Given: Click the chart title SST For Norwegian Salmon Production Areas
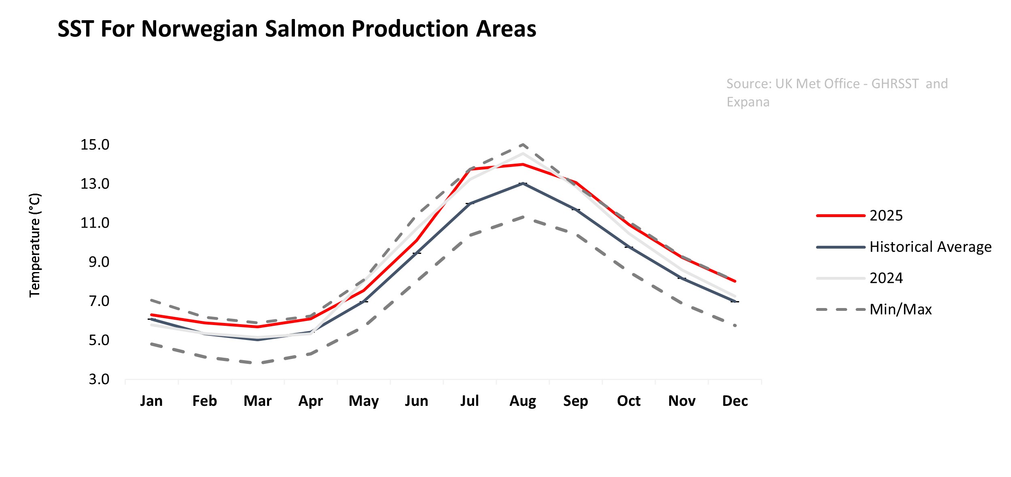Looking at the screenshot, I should coord(297,29).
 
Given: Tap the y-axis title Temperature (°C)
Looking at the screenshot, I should coord(35,245).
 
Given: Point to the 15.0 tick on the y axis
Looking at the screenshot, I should coord(95,145).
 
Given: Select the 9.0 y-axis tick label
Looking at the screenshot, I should coord(99,262).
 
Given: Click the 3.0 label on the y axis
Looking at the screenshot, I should coord(99,379).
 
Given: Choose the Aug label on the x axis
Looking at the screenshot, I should coord(522,401).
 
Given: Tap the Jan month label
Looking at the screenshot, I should coord(151,401).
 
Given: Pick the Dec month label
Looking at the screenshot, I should coord(735,401).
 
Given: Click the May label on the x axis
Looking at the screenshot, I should coord(363,401).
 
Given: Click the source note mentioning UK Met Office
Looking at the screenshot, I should coord(837,93).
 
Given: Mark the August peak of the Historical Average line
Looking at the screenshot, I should coord(523,184).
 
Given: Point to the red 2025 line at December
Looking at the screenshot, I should coord(735,281).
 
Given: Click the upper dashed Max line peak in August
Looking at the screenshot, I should coord(523,144).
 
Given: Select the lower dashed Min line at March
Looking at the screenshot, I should coord(258,363).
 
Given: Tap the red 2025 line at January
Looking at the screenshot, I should coord(151,314).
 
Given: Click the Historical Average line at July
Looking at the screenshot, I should coord(470,203).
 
